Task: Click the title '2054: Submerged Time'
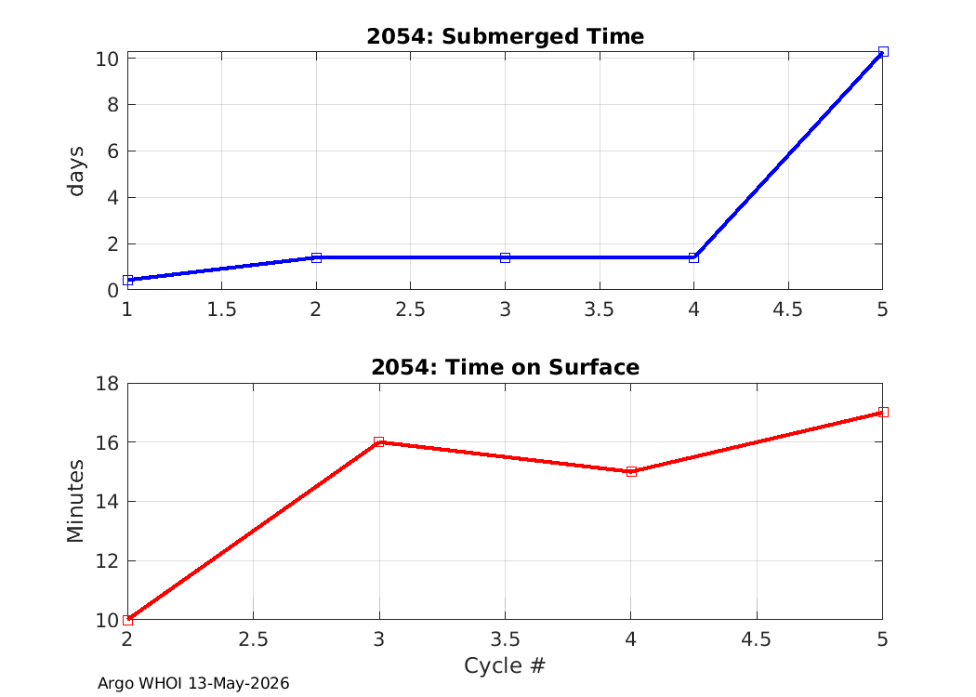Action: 505,36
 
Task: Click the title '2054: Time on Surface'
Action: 505,367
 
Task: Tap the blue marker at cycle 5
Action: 883,52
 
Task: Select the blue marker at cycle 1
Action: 127,280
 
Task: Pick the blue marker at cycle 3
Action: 505,257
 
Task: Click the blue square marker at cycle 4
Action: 693,257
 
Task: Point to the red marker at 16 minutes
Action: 378,441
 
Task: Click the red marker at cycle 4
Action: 631,472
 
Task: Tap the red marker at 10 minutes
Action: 127,620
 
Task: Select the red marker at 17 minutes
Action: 883,412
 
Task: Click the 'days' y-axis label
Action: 76,171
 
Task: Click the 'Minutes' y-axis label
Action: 76,501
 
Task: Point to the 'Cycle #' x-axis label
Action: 505,665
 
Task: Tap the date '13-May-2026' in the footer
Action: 238,683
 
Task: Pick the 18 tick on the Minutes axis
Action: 107,383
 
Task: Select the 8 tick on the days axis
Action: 112,104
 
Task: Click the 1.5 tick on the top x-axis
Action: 221,309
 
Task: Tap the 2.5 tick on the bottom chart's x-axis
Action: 254,639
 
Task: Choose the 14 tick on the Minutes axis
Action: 107,502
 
